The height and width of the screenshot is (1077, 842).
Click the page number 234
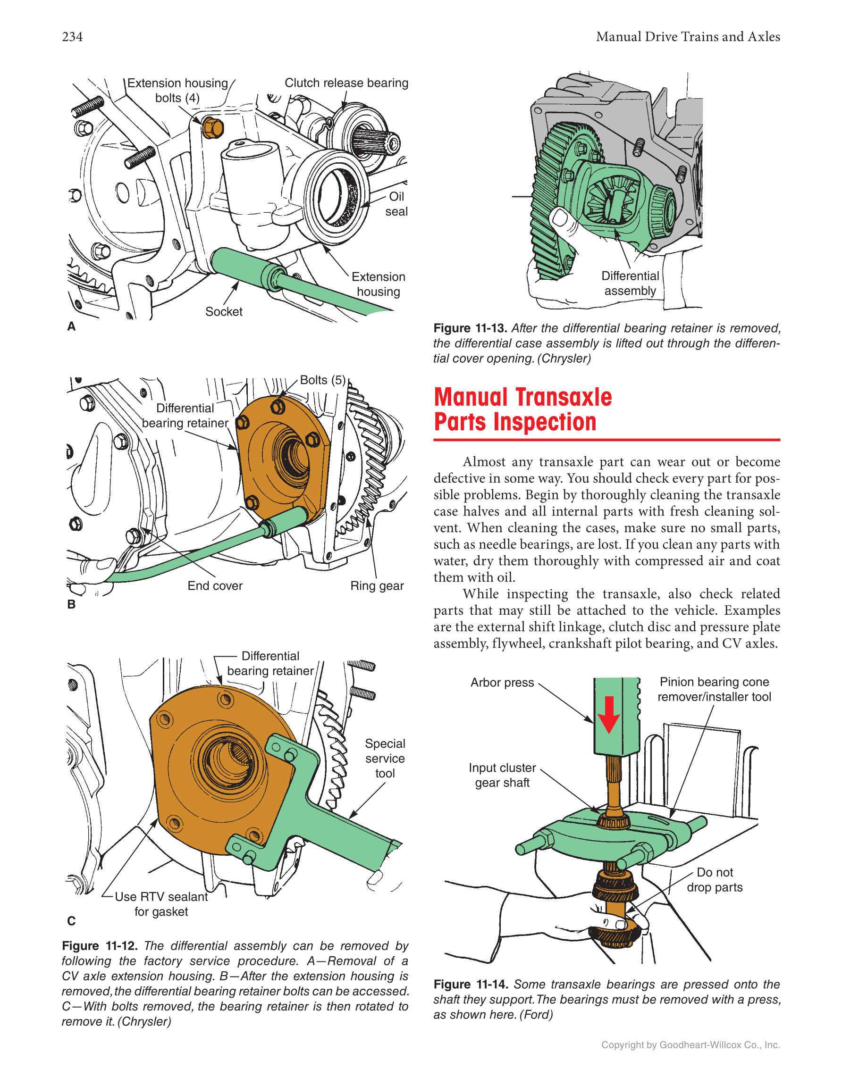[x=72, y=37]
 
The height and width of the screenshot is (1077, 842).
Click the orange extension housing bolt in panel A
[x=212, y=128]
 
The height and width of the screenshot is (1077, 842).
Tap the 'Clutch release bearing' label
[x=346, y=83]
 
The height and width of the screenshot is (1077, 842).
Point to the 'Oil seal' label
[x=396, y=204]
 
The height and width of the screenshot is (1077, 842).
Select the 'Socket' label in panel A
[x=223, y=312]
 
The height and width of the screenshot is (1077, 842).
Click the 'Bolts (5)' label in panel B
[x=323, y=380]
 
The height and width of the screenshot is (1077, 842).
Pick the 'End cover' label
[x=215, y=586]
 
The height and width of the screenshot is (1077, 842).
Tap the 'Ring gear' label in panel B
[x=377, y=586]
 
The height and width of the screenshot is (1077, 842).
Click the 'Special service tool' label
[x=385, y=759]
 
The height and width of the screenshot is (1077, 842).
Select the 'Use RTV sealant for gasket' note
[x=161, y=904]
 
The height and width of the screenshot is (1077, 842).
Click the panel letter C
[x=72, y=921]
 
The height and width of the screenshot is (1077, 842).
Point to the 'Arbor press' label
[x=502, y=683]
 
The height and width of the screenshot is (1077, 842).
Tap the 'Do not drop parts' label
[x=714, y=880]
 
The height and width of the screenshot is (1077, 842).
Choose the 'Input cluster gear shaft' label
[x=502, y=775]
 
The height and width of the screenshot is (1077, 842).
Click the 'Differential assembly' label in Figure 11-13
[x=630, y=284]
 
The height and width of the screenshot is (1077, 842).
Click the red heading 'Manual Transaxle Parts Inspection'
[x=522, y=410]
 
